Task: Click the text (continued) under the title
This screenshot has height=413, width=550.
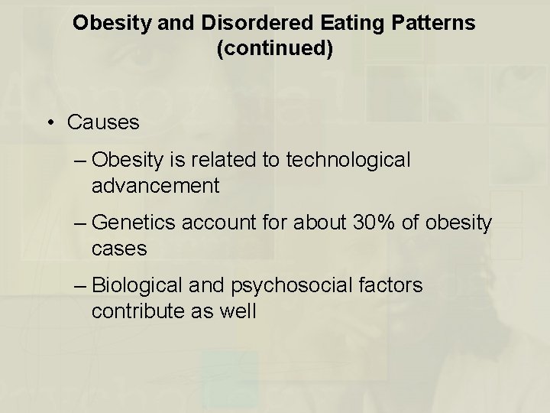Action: coord(274,50)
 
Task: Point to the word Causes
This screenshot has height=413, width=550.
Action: coord(104,122)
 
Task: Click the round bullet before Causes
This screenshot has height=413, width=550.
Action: coord(50,122)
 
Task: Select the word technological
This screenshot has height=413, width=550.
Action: coord(348,160)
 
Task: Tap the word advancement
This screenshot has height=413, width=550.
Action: coord(156,185)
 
